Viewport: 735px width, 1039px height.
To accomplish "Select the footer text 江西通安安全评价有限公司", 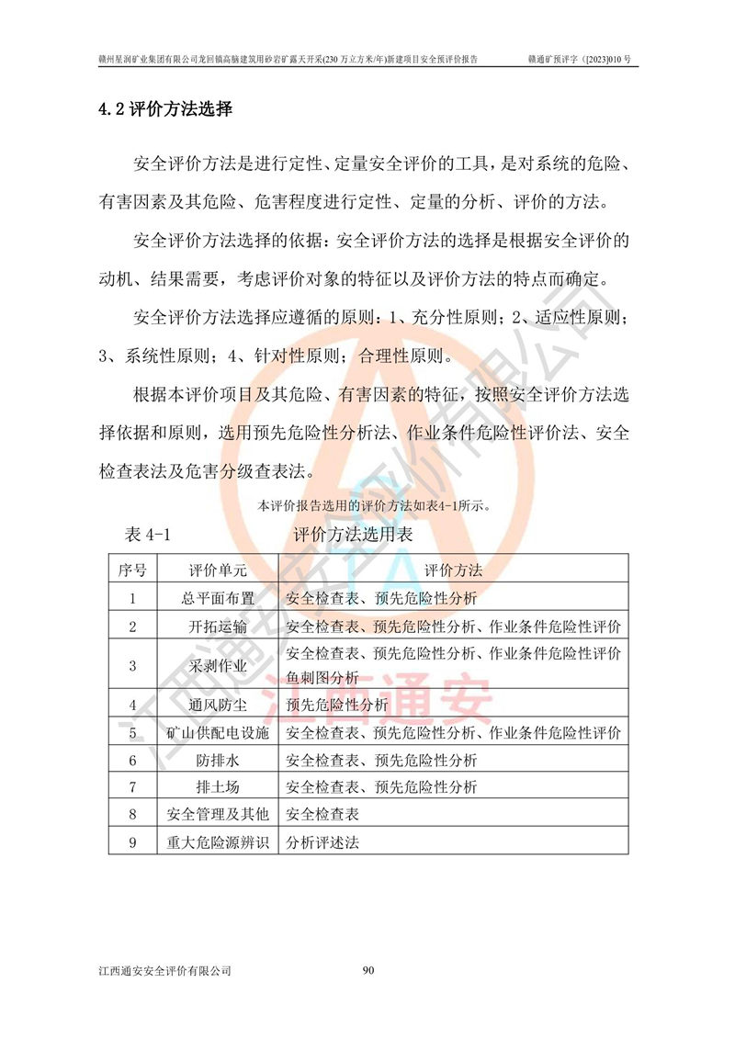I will pyautogui.click(x=164, y=970).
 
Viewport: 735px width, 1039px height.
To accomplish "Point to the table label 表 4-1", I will pyautogui.click(x=147, y=535).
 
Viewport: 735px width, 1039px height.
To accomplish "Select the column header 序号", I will pyautogui.click(x=132, y=570).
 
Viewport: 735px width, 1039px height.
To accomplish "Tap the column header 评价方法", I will pyautogui.click(x=454, y=570).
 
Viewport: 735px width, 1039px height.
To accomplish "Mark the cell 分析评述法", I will pyautogui.click(x=322, y=841).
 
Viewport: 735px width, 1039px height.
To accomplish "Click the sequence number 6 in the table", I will pyautogui.click(x=132, y=761).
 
